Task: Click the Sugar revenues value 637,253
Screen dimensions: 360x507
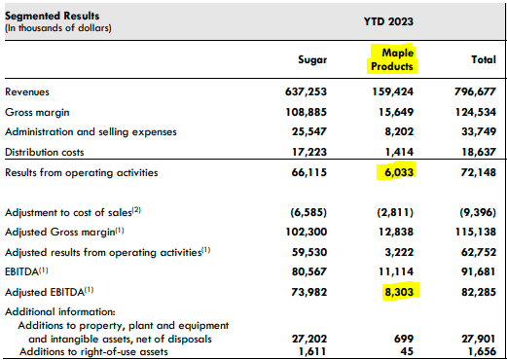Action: pyautogui.click(x=304, y=91)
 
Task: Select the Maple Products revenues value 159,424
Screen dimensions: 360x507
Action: pyautogui.click(x=392, y=91)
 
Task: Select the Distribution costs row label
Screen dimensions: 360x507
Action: pyautogui.click(x=44, y=152)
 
